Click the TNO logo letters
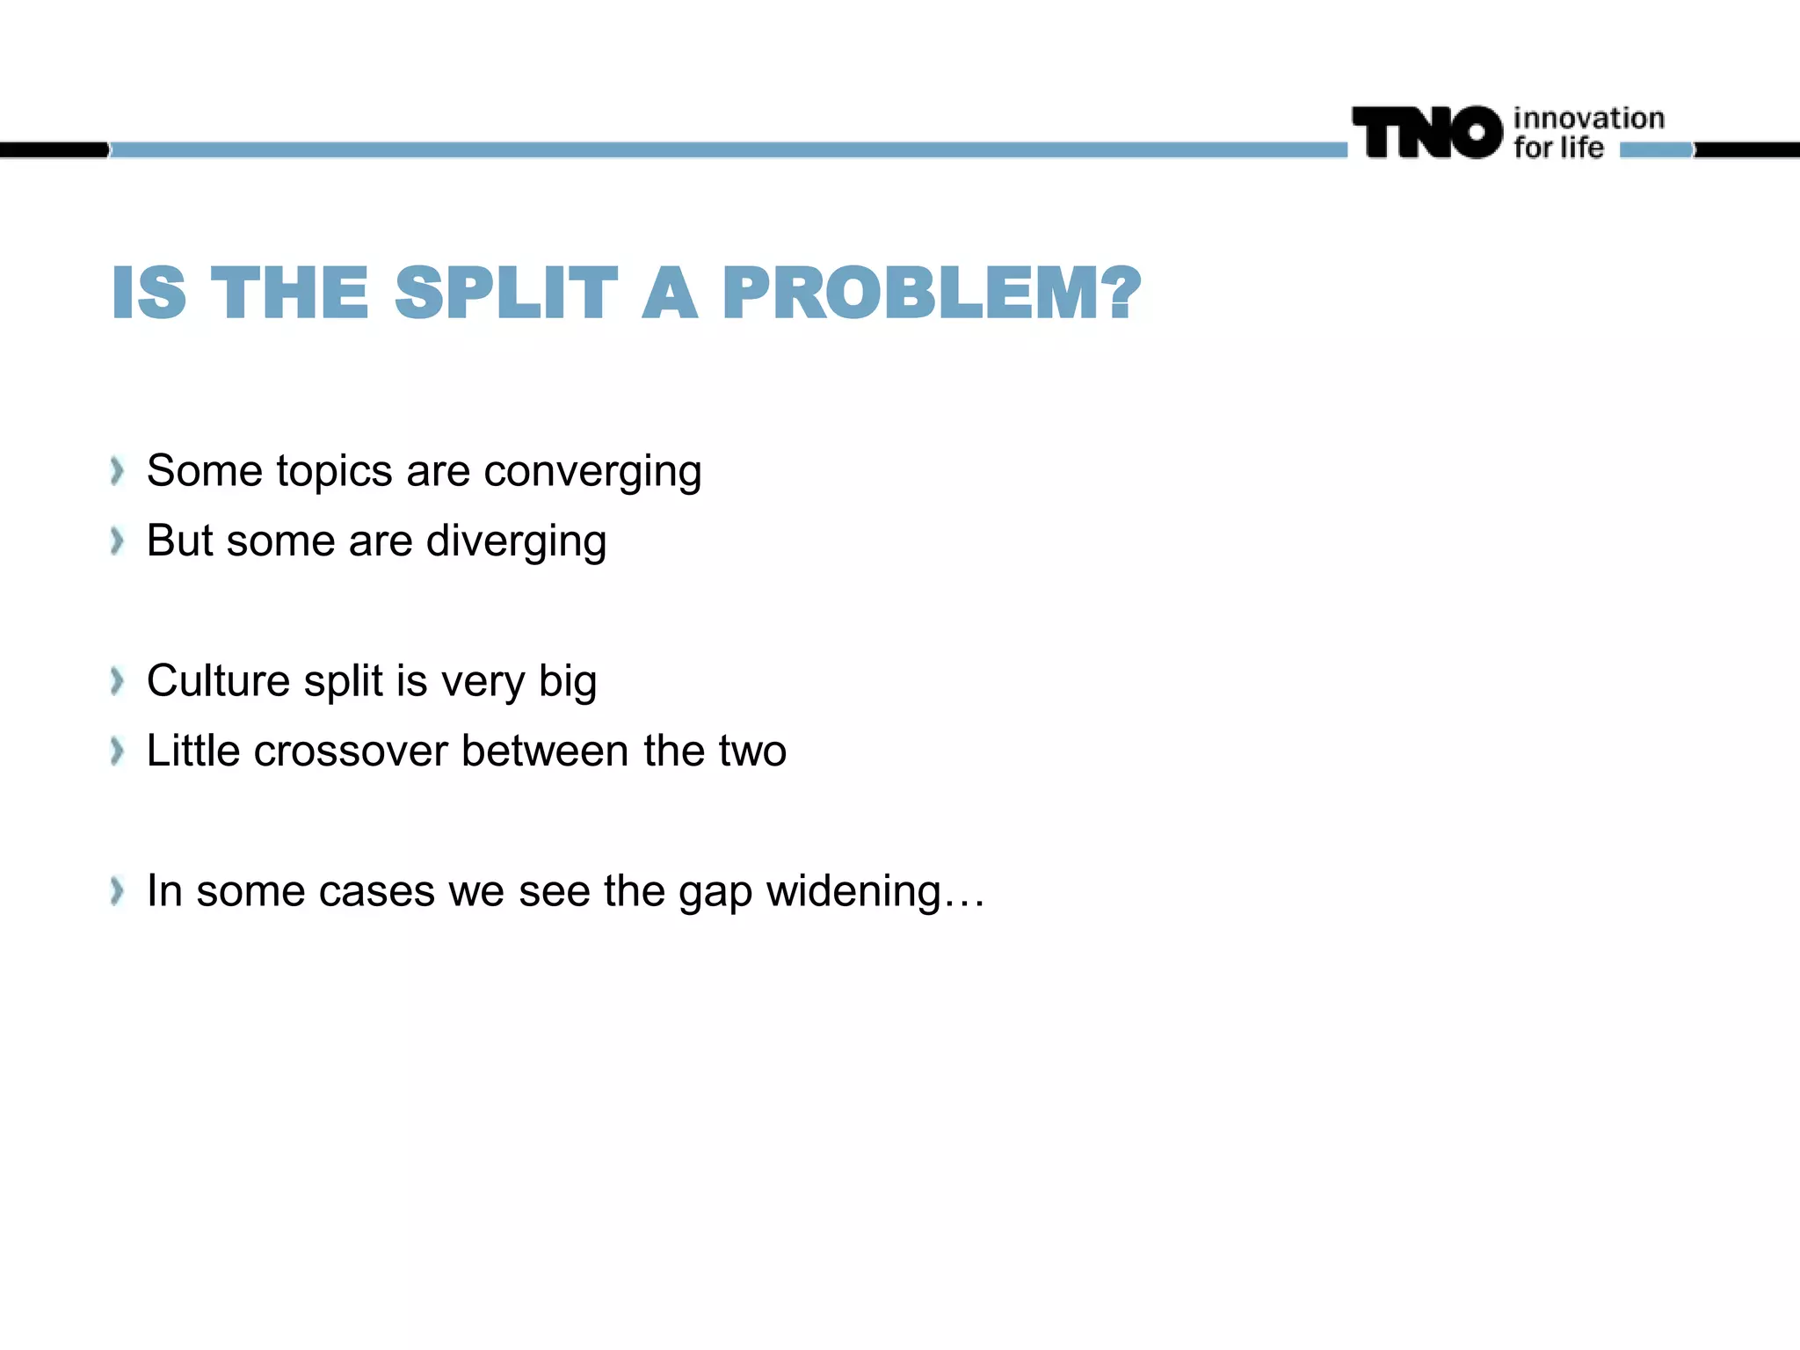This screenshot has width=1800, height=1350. [1427, 133]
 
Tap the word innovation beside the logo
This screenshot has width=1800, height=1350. [1588, 119]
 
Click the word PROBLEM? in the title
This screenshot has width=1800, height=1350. [932, 294]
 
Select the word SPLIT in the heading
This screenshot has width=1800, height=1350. [506, 294]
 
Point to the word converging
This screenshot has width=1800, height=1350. [592, 473]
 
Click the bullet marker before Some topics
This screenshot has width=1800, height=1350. [117, 472]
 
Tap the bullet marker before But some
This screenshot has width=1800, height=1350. [117, 541]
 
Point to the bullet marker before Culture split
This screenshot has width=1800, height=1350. [117, 681]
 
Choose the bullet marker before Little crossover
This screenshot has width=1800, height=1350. [117, 751]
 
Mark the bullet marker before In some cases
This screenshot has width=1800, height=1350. [117, 891]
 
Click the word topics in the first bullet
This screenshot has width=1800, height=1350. [334, 473]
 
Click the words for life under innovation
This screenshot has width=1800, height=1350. [1558, 148]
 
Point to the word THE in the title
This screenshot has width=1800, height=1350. [290, 294]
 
